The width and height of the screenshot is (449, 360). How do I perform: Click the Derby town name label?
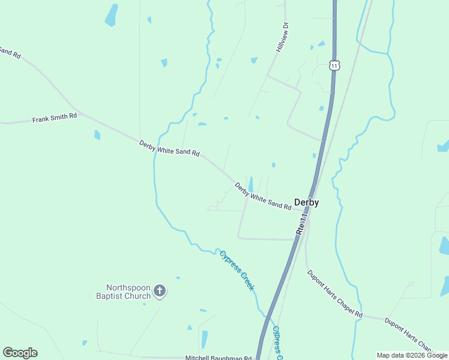(306, 203)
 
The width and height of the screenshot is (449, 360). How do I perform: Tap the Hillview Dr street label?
(283, 37)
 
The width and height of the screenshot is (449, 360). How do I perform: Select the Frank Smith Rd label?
(55, 118)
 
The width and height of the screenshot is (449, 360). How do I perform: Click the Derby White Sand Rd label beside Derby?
(263, 196)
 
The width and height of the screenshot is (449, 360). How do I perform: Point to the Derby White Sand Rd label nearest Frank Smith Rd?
(169, 148)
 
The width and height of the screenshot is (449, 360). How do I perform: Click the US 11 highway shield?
(334, 65)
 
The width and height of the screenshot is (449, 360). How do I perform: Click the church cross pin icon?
(160, 292)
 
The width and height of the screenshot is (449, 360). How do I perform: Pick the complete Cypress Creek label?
(237, 270)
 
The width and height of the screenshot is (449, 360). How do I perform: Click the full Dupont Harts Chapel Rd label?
(335, 293)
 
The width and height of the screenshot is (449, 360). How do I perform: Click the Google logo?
(20, 353)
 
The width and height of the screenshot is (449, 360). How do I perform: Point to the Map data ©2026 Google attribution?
(412, 355)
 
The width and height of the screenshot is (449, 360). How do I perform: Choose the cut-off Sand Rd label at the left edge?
(10, 53)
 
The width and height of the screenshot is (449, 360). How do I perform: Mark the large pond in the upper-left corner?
(112, 15)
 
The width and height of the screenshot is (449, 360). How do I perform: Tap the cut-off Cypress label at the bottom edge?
(277, 343)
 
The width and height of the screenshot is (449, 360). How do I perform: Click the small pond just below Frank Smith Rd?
(97, 135)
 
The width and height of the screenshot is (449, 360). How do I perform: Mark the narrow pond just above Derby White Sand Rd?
(250, 184)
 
